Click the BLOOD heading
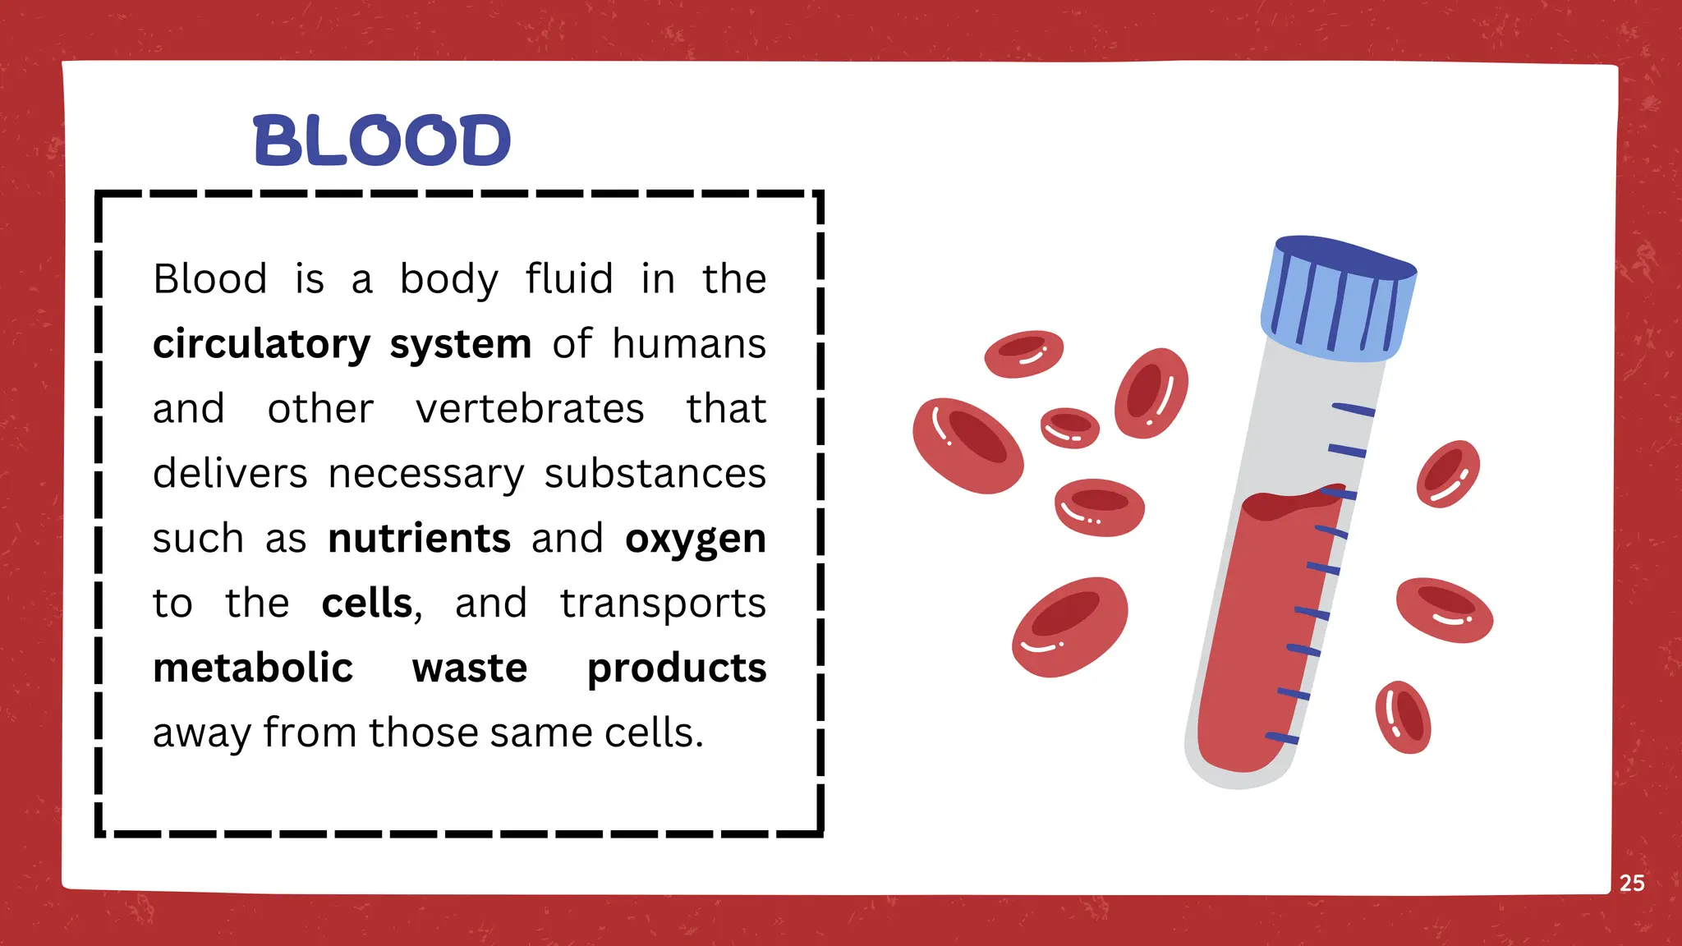click(x=382, y=140)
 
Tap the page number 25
click(x=1631, y=883)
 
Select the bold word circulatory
click(x=261, y=344)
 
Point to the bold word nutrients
click(x=419, y=539)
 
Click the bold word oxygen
click(x=695, y=540)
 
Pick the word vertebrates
click(x=530, y=409)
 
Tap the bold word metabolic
click(x=253, y=668)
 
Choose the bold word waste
click(x=470, y=668)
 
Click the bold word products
click(x=677, y=668)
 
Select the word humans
click(x=688, y=343)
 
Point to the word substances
click(x=655, y=474)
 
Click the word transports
click(x=663, y=604)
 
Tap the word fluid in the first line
click(x=569, y=278)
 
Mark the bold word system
click(x=460, y=345)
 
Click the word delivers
click(x=230, y=474)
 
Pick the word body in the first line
click(x=448, y=280)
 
